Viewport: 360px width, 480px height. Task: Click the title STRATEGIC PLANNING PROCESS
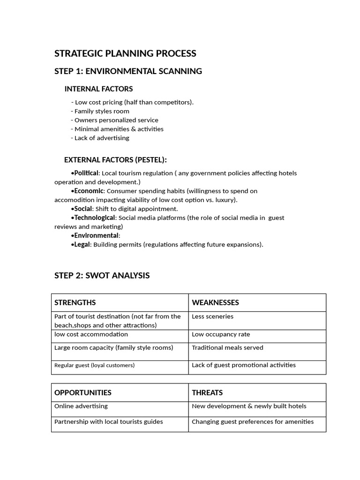pos(125,53)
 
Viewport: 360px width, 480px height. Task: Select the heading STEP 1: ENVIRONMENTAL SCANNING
pos(128,71)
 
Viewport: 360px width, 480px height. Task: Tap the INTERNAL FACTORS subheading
pos(98,89)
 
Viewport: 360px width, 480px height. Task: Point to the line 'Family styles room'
pos(101,111)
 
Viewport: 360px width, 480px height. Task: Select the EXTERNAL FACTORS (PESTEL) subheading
pos(115,160)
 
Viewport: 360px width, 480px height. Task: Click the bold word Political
pos(86,173)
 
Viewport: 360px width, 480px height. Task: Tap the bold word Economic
pos(89,191)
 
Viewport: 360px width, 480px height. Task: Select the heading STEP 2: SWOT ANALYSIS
pos(102,276)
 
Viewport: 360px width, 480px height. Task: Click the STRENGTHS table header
pos(75,303)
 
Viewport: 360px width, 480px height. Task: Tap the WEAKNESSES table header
pos(215,303)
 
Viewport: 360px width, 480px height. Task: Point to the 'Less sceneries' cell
pos(212,316)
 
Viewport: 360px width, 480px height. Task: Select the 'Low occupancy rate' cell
pos(221,335)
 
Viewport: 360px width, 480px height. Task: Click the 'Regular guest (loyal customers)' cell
pos(94,365)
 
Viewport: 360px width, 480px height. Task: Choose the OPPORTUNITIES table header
pos(83,393)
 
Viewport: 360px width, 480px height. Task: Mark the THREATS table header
pos(207,393)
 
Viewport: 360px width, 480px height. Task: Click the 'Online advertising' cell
pos(81,406)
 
